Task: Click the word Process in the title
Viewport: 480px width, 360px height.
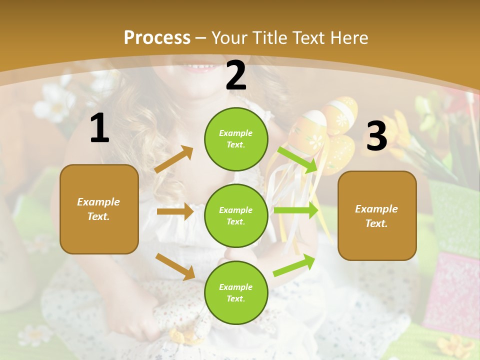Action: click(157, 37)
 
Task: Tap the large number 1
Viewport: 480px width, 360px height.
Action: click(99, 128)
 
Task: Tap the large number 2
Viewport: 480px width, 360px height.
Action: click(236, 75)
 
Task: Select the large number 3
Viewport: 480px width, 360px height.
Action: click(376, 136)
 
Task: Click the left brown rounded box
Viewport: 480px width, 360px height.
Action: click(99, 209)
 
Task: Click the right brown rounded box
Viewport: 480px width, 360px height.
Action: click(377, 215)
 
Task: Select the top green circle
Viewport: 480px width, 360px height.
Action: click(236, 139)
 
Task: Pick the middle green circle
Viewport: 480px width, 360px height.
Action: click(236, 215)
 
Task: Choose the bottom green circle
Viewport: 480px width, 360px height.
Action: click(236, 292)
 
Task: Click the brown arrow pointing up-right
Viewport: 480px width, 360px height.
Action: click(174, 159)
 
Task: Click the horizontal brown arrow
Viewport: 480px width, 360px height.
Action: click(175, 211)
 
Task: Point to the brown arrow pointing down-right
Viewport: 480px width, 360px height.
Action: click(175, 266)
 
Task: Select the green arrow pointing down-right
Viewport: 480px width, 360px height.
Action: click(298, 159)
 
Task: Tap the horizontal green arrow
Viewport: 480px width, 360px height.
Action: click(295, 210)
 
